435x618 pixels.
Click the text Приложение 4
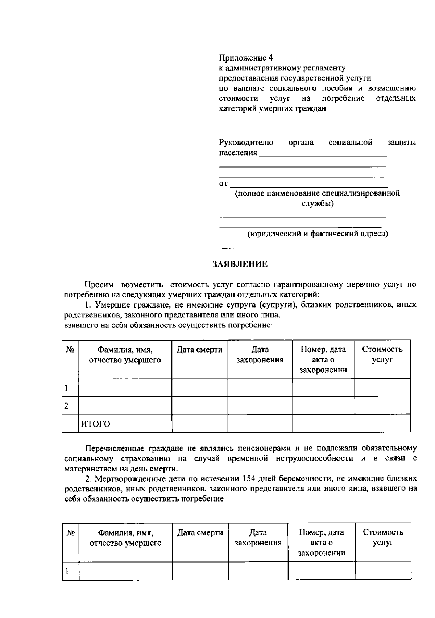(245, 58)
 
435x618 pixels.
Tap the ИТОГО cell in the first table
(95, 424)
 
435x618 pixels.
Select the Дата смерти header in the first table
(199, 350)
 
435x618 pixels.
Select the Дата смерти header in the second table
(200, 532)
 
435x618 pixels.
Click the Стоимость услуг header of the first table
(382, 355)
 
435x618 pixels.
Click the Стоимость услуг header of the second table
(383, 537)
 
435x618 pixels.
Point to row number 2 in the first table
(66, 406)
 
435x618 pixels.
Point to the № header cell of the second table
(71, 532)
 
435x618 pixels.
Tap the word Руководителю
(246, 143)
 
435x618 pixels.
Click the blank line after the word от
(308, 184)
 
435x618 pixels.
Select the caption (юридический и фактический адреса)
(318, 234)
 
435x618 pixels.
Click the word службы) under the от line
(318, 203)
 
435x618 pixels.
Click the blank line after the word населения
(323, 154)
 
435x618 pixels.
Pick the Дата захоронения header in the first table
(260, 355)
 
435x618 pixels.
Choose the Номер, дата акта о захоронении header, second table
(321, 543)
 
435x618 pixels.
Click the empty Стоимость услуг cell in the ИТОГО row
(382, 424)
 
